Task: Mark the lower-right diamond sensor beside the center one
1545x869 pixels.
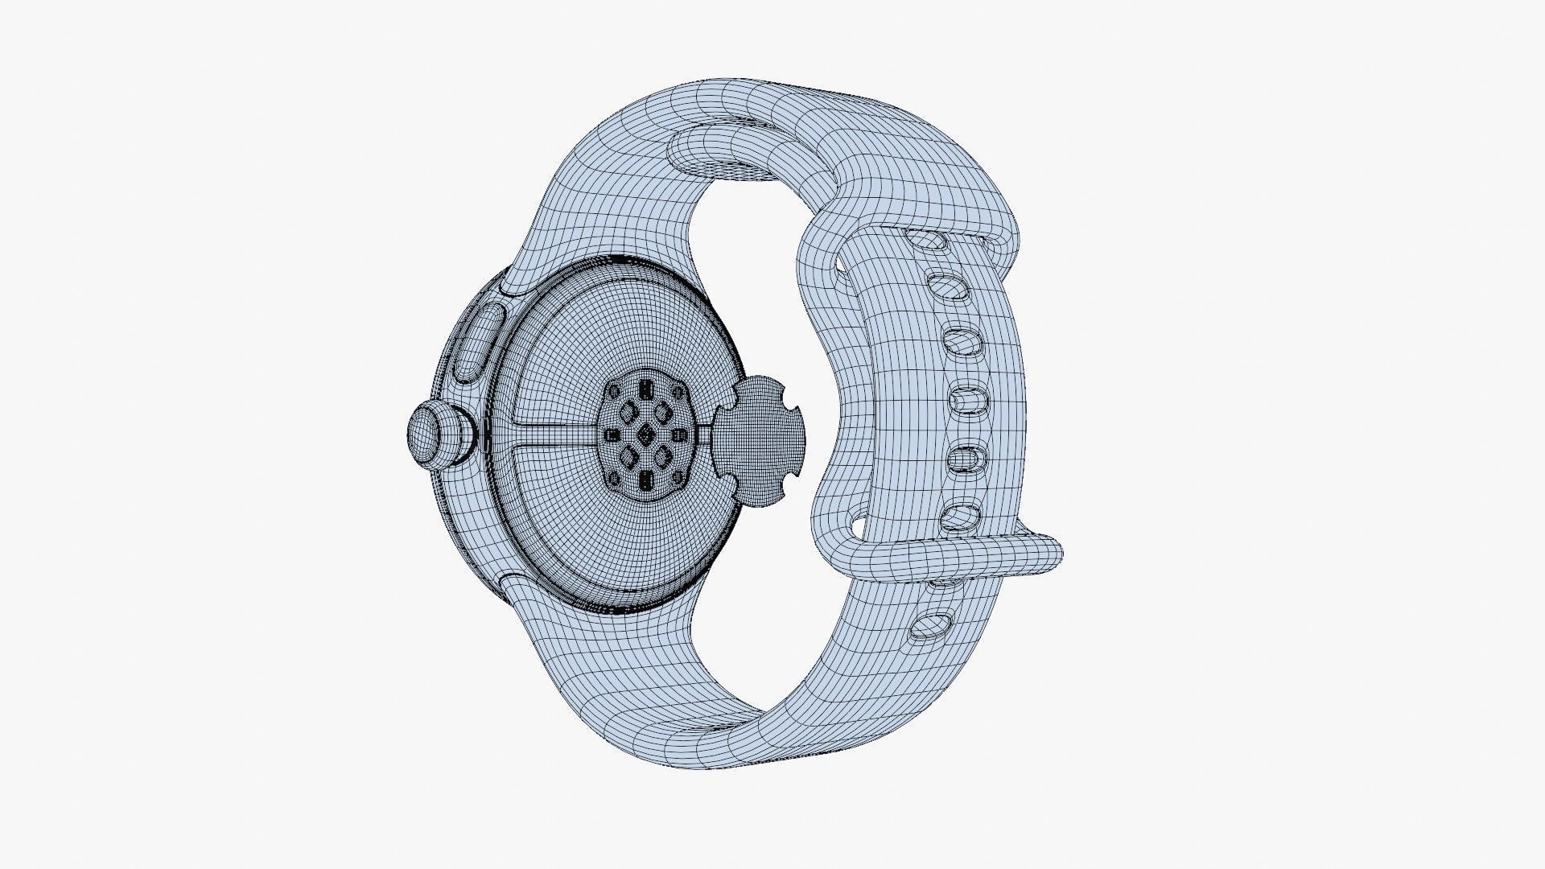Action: (x=663, y=457)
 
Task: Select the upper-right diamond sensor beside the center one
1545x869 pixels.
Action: (x=663, y=414)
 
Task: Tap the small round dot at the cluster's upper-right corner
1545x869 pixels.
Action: (x=677, y=392)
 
